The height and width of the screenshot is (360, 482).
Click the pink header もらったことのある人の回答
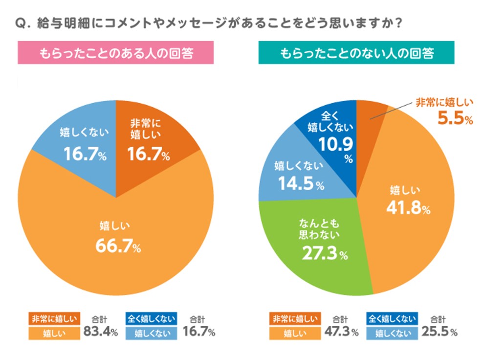point(116,53)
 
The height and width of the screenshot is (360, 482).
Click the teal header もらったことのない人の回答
point(356,53)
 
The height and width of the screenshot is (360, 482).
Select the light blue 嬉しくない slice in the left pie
point(78,142)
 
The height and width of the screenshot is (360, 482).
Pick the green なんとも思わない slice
point(313,245)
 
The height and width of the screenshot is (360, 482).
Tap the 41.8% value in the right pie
point(408,208)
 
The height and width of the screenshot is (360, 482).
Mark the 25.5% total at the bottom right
point(440,333)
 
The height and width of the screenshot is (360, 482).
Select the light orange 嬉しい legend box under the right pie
point(294,334)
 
